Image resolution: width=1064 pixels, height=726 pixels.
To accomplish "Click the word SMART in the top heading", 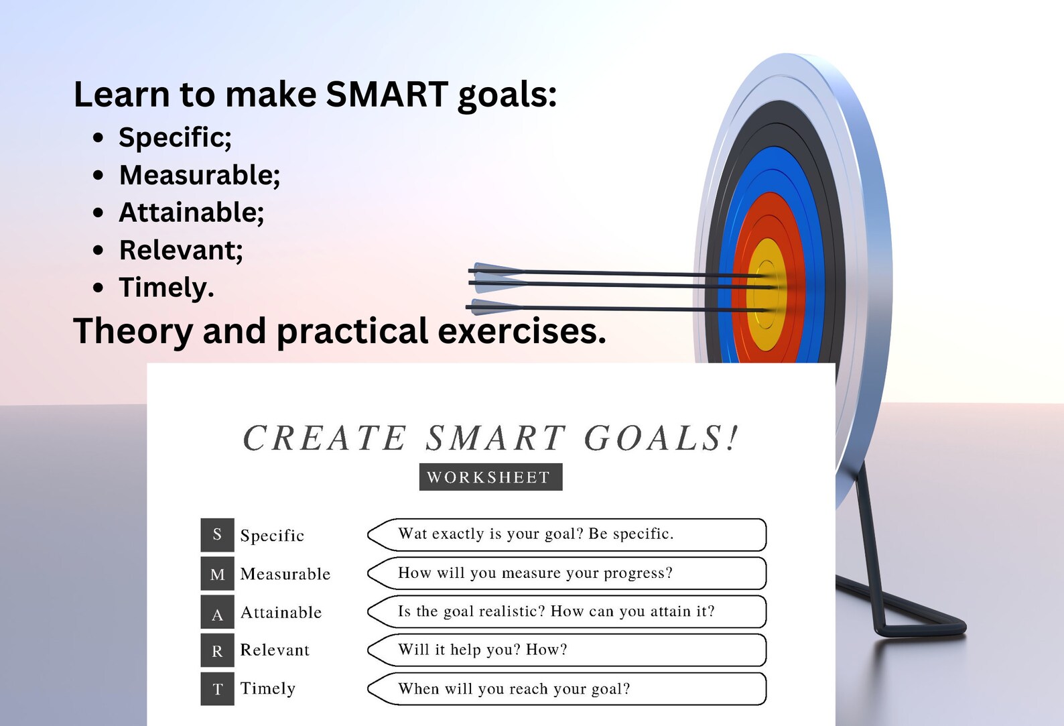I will [387, 94].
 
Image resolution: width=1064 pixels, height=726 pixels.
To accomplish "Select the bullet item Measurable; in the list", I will [200, 175].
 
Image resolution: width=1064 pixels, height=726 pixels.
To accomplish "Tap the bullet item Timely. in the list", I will [166, 288].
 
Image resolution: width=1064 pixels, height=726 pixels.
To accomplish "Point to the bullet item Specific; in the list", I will [175, 137].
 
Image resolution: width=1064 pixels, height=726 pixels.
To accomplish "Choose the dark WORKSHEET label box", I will [490, 477].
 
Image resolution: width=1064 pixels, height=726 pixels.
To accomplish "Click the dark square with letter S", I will [217, 534].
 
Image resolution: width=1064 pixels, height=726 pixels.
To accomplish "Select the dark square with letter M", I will [217, 574].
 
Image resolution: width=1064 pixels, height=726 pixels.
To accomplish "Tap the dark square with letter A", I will [217, 612].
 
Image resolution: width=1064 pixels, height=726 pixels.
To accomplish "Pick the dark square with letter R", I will [217, 650].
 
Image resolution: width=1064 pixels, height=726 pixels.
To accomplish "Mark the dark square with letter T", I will [217, 688].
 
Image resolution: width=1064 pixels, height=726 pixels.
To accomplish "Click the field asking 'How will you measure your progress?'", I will [566, 573].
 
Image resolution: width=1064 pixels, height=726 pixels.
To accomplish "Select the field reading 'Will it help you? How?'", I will [566, 650].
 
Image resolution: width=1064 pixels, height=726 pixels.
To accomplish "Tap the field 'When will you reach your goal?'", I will [566, 688].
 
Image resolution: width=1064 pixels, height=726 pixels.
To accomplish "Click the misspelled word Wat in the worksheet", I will [412, 534].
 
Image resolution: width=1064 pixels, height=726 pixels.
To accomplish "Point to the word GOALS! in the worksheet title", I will [660, 438].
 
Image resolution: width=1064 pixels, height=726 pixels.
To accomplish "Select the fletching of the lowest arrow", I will [492, 307].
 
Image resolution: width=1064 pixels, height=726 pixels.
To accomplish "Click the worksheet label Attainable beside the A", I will [281, 613].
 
